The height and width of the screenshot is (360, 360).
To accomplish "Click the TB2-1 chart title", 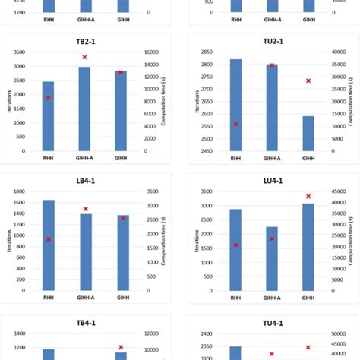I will click(x=84, y=43).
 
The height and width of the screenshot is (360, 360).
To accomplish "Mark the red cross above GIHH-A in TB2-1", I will click(x=84, y=57).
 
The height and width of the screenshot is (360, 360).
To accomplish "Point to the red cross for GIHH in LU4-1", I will click(x=308, y=197).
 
